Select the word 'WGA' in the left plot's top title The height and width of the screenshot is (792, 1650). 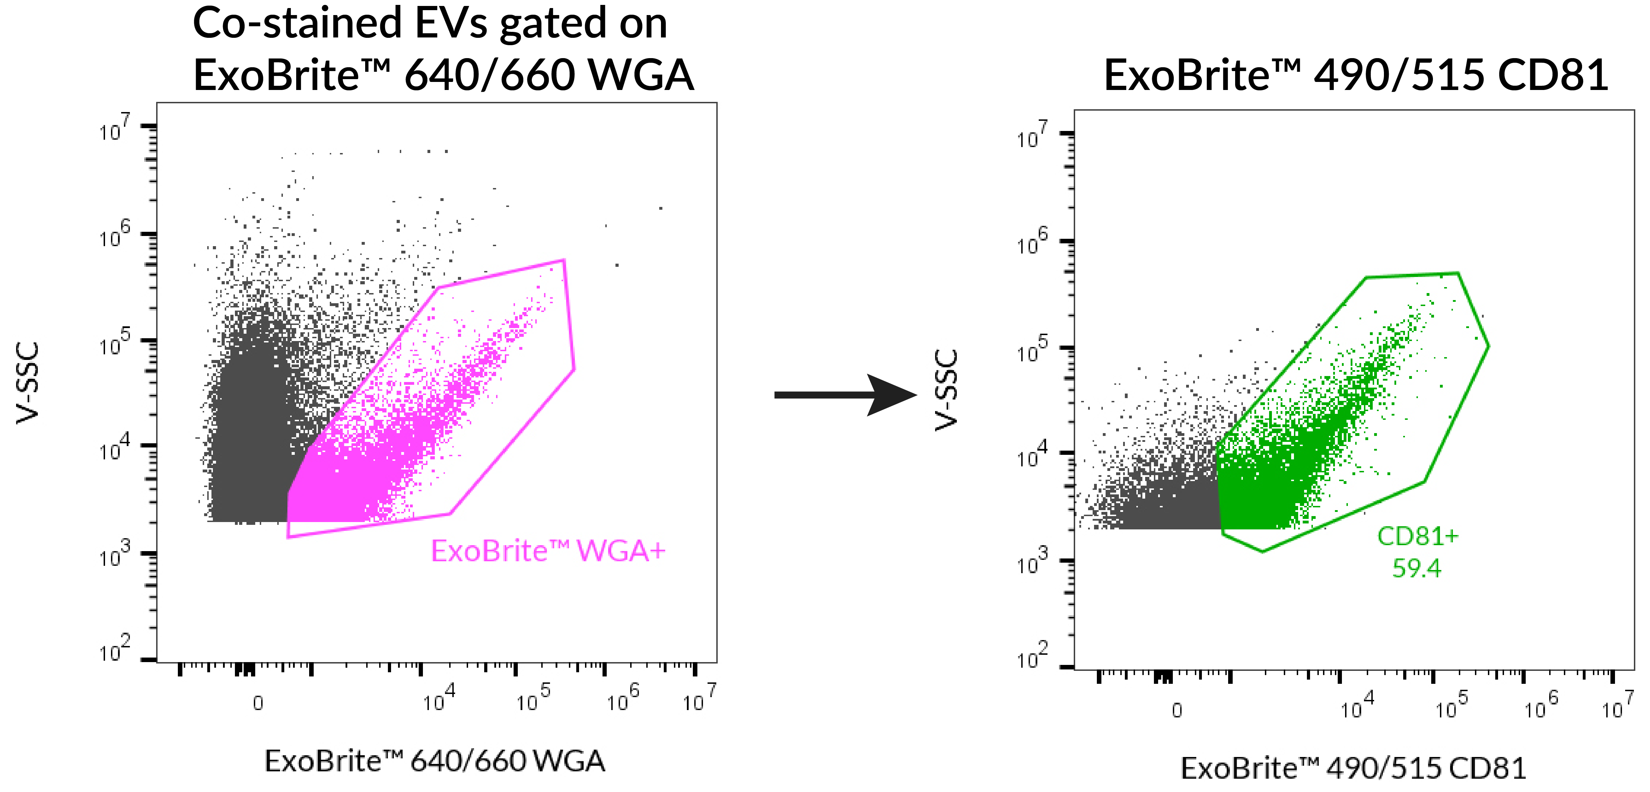(641, 75)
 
